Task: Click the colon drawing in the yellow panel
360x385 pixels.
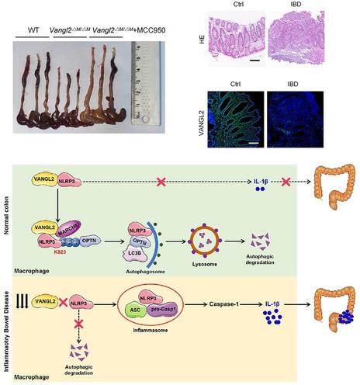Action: [x=327, y=331]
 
